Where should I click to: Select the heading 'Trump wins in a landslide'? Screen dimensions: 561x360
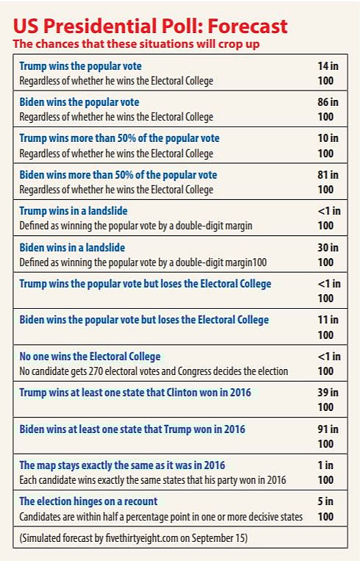tap(73, 211)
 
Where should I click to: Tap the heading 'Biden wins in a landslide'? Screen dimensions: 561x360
tap(73, 247)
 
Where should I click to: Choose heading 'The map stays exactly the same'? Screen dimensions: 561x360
tap(122, 465)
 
